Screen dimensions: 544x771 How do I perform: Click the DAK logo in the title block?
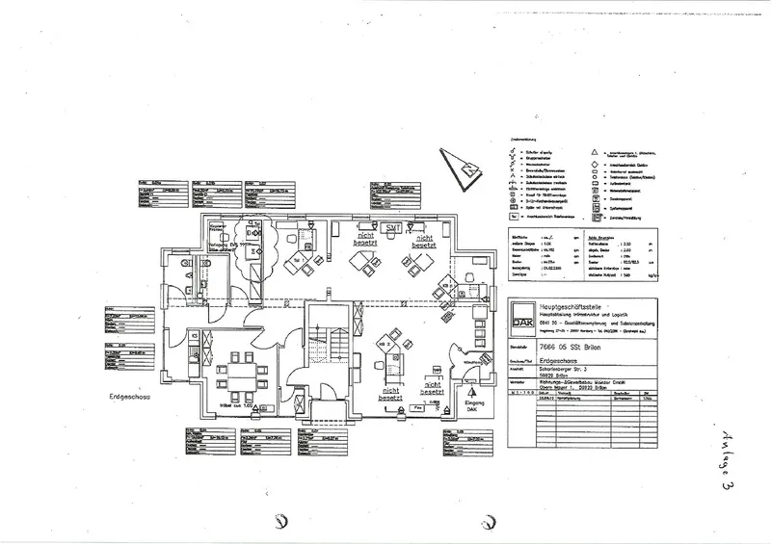519,317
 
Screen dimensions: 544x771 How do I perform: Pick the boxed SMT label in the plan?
392,226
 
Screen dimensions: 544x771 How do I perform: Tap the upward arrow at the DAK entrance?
472,392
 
